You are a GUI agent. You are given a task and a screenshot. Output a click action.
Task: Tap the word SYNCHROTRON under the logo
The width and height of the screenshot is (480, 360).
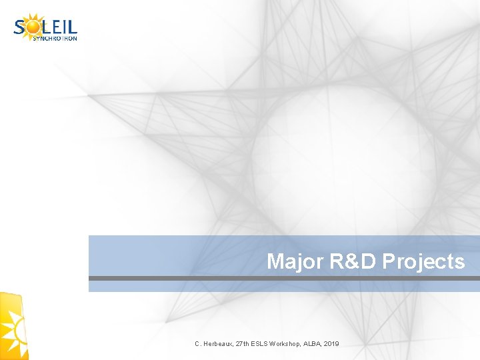[x=55, y=38]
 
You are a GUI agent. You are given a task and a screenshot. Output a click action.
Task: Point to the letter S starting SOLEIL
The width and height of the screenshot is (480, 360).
[x=20, y=27]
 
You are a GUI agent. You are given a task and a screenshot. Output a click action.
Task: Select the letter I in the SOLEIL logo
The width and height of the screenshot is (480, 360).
[x=65, y=27]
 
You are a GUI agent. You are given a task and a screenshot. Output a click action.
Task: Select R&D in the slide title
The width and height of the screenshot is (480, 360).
[x=355, y=261]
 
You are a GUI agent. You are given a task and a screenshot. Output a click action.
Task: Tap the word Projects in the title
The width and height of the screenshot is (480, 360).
[x=425, y=261]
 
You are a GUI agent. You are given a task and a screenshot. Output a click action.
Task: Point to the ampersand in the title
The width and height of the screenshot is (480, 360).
[x=355, y=261]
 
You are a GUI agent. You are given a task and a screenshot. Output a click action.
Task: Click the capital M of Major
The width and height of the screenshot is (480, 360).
[x=275, y=261]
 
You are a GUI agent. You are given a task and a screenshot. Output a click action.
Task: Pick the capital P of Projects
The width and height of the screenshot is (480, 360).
[x=390, y=261]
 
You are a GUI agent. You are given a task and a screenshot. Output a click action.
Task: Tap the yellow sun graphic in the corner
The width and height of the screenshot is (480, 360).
[x=13, y=327]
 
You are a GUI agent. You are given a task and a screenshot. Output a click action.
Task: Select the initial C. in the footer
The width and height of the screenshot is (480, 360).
[x=198, y=343]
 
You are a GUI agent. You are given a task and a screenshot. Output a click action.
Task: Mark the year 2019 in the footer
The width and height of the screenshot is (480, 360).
[x=332, y=343]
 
